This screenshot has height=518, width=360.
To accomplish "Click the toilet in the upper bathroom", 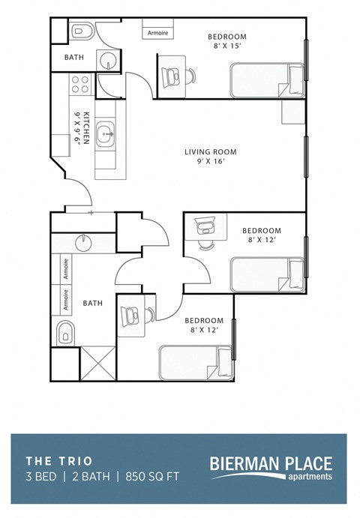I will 82,31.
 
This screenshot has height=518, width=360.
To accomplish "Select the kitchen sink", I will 106,135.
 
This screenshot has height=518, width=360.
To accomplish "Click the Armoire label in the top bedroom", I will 158,33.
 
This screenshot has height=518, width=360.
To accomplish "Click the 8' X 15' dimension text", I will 226,45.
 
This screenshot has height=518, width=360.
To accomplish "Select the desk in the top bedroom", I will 172,74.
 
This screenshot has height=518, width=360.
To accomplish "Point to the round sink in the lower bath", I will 83,242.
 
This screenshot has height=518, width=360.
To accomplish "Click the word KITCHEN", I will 87,128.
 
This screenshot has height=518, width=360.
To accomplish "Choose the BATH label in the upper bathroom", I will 73,57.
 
